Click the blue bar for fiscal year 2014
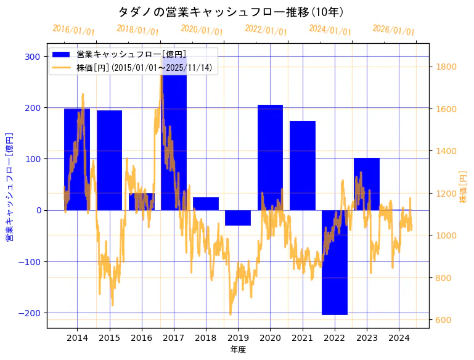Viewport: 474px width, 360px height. [77, 160]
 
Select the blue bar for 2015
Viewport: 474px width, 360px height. [109, 160]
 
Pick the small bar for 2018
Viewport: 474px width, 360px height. [206, 204]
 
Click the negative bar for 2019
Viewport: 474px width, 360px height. [238, 218]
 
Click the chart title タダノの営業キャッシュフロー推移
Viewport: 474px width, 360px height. [231, 12]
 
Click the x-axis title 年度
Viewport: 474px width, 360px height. [238, 350]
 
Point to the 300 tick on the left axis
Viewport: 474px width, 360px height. [33, 57]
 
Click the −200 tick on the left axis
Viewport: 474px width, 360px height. [30, 313]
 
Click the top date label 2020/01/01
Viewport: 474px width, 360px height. [202, 30]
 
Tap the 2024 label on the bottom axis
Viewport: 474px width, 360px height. [399, 338]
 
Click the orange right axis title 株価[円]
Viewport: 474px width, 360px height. [463, 187]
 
